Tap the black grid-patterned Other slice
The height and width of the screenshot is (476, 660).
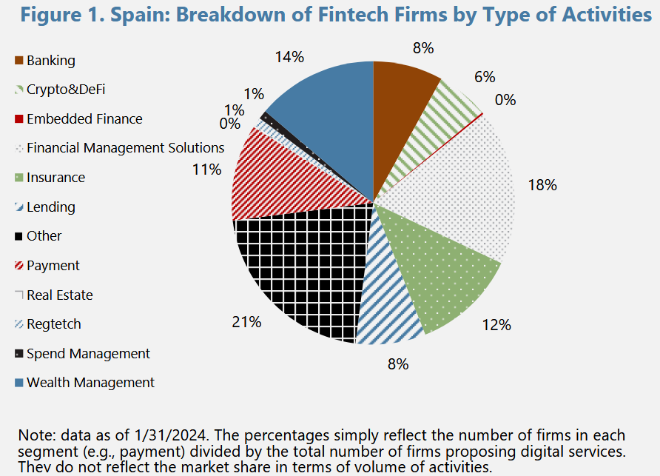point(296,267)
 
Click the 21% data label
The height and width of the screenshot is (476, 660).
point(246,322)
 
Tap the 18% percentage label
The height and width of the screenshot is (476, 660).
point(542,186)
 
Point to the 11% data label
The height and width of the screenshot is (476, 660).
point(207,170)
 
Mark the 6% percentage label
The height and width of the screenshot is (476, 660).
point(485,76)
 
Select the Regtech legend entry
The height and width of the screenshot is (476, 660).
point(53,324)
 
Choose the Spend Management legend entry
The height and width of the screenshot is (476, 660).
point(88,354)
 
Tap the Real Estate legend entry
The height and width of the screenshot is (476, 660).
point(60,295)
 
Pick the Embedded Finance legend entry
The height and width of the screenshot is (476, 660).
point(84,118)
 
